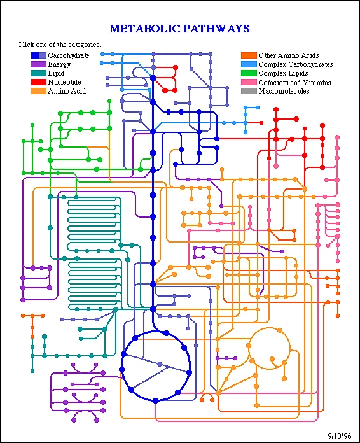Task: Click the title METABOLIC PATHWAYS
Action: (x=179, y=29)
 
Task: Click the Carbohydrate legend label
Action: (x=69, y=55)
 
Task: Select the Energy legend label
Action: (x=59, y=64)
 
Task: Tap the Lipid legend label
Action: (x=56, y=73)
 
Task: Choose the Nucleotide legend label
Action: (x=64, y=82)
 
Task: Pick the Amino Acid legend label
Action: (x=67, y=91)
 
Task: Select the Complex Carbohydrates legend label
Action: (x=295, y=64)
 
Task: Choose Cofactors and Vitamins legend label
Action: (x=294, y=82)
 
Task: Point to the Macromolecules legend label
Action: (x=284, y=91)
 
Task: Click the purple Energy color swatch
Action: (x=38, y=64)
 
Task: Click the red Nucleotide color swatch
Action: (x=38, y=82)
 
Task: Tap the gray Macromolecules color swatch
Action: (x=249, y=91)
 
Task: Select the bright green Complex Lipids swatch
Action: (x=249, y=73)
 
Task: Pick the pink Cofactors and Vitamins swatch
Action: (x=249, y=82)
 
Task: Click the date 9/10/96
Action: (x=339, y=435)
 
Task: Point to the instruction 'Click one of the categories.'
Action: (x=60, y=45)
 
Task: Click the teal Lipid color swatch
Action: (x=38, y=73)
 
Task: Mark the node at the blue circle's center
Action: (x=160, y=364)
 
